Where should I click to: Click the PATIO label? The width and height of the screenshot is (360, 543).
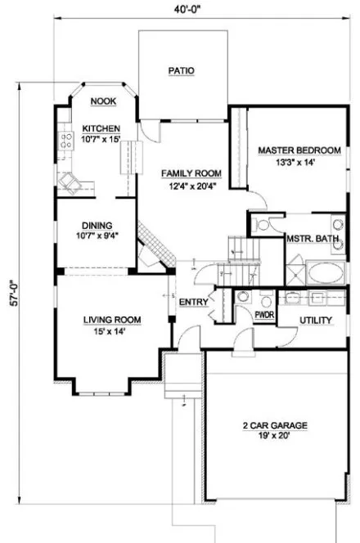point(182,71)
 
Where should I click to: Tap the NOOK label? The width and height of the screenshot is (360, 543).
point(103,101)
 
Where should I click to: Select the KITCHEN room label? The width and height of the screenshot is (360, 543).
point(101,129)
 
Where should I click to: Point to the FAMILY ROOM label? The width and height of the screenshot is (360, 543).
point(191,173)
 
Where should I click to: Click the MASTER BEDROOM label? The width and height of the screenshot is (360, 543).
point(299,150)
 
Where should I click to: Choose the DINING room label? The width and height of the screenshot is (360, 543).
point(97,227)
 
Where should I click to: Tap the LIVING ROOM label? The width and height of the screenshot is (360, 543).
point(113,320)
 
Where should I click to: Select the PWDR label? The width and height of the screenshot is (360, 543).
point(263,313)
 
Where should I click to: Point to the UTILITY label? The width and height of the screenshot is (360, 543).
point(316,320)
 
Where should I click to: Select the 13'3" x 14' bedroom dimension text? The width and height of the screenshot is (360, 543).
point(299,162)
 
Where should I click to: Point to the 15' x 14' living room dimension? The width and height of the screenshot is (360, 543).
point(113,331)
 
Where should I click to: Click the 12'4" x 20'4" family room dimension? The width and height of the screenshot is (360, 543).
point(191,186)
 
